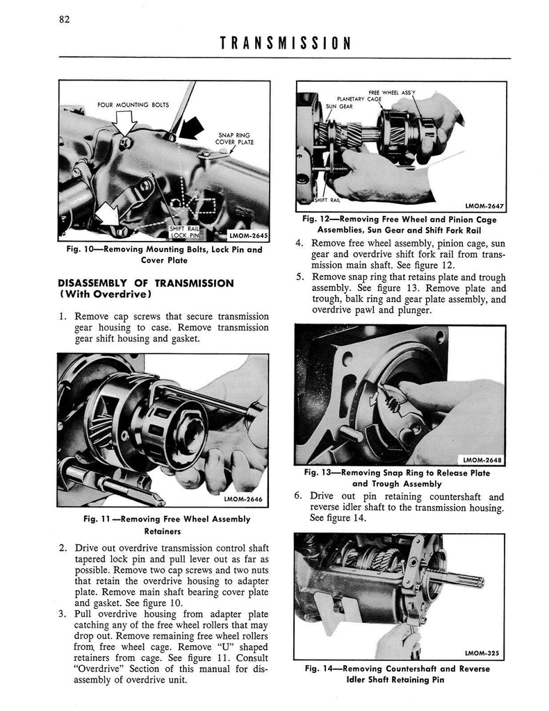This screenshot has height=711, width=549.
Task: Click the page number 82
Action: pyautogui.click(x=64, y=19)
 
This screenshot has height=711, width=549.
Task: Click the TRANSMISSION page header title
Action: pyautogui.click(x=286, y=43)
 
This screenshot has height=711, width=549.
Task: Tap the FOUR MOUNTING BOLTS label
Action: pyautogui.click(x=133, y=105)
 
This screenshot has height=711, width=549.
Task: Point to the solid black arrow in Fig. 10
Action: pyautogui.click(x=192, y=128)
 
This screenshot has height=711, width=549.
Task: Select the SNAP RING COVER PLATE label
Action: pyautogui.click(x=234, y=138)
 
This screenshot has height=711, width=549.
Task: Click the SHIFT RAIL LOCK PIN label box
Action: pyautogui.click(x=184, y=232)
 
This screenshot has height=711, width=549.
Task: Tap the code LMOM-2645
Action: pyautogui.click(x=248, y=236)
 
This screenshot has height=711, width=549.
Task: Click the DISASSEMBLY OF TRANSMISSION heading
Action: pyautogui.click(x=146, y=289)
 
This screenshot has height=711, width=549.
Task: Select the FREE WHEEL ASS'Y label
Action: pyautogui.click(x=391, y=92)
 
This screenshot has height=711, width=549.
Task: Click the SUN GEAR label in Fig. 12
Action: pyautogui.click(x=339, y=106)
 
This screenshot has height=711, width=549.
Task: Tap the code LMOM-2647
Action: pyautogui.click(x=484, y=206)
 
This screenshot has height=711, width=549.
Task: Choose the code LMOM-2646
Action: pyautogui.click(x=243, y=499)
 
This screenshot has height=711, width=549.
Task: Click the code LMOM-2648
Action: pyautogui.click(x=482, y=460)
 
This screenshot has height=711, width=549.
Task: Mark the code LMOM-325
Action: pyautogui.click(x=482, y=653)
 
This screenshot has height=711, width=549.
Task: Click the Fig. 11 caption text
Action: pyautogui.click(x=167, y=525)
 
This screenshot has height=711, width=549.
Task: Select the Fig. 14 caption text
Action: pyautogui.click(x=397, y=674)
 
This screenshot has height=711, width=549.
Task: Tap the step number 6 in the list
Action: pyautogui.click(x=297, y=495)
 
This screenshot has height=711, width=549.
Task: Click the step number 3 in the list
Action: pyautogui.click(x=63, y=614)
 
